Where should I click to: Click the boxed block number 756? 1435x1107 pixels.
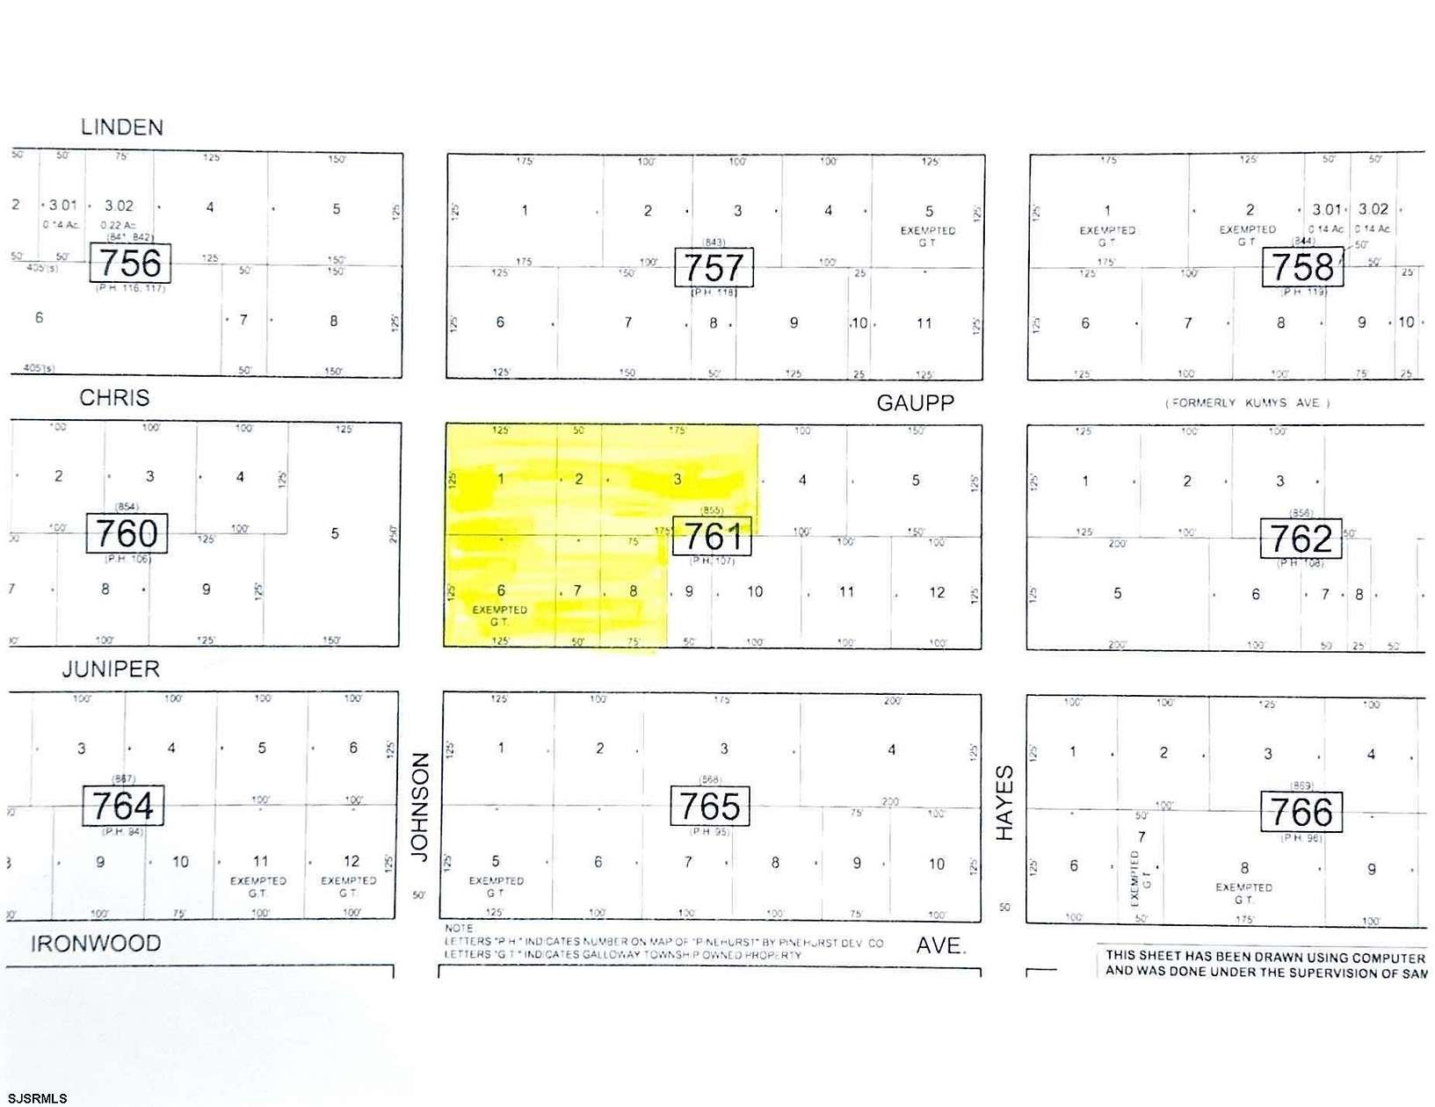[130, 263]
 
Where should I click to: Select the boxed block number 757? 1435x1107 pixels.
[714, 267]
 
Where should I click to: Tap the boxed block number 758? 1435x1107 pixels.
[1302, 267]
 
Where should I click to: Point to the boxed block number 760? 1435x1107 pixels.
[127, 533]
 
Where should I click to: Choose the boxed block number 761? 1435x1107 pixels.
[712, 536]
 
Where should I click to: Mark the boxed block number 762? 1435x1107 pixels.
[1301, 538]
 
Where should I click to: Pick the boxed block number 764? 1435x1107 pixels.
[123, 806]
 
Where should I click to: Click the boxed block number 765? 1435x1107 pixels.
[710, 806]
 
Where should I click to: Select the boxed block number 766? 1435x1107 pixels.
[1301, 811]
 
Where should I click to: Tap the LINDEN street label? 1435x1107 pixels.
[122, 127]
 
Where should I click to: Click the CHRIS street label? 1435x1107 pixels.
[114, 398]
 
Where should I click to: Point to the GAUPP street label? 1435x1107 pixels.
[915, 403]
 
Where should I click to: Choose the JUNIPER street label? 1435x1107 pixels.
[111, 669]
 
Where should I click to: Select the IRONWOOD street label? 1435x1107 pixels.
[96, 944]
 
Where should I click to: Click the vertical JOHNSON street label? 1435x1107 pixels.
[419, 807]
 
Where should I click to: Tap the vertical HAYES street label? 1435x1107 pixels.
[1004, 802]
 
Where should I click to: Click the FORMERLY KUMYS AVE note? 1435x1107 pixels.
[1248, 403]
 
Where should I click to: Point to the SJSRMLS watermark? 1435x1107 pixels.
[35, 1097]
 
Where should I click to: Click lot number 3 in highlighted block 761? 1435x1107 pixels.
[678, 479]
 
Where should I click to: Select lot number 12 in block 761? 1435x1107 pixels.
[937, 592]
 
